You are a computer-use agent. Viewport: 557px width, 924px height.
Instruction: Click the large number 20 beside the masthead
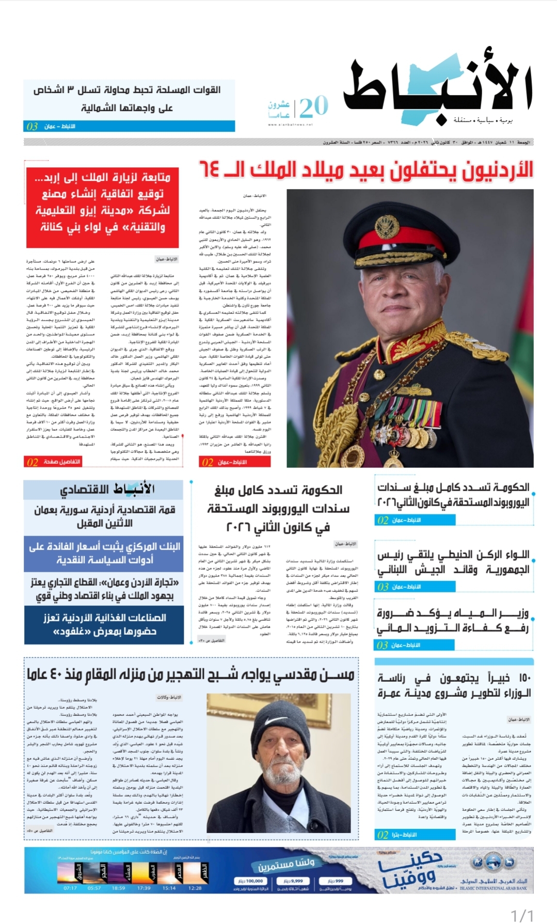[313, 106]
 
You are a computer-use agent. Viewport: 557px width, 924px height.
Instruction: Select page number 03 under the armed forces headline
[32, 127]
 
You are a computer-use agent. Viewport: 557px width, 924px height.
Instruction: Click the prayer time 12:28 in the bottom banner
[195, 888]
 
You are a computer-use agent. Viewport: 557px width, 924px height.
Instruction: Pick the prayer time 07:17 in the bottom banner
[70, 888]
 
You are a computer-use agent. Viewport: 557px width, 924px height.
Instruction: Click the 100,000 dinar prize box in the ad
[251, 881]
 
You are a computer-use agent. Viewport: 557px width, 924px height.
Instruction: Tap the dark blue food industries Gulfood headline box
[104, 624]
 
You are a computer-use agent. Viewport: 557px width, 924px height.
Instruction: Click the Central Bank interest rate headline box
[104, 553]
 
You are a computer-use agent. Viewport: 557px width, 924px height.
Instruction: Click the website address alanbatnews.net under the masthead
[290, 124]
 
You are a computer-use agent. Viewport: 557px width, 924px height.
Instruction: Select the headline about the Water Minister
[453, 621]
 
